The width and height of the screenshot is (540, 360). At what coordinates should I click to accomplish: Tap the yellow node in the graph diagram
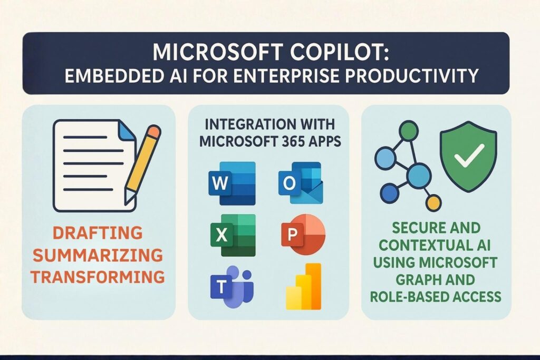[433, 202]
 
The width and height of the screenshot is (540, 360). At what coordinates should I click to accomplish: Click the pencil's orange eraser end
[152, 131]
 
